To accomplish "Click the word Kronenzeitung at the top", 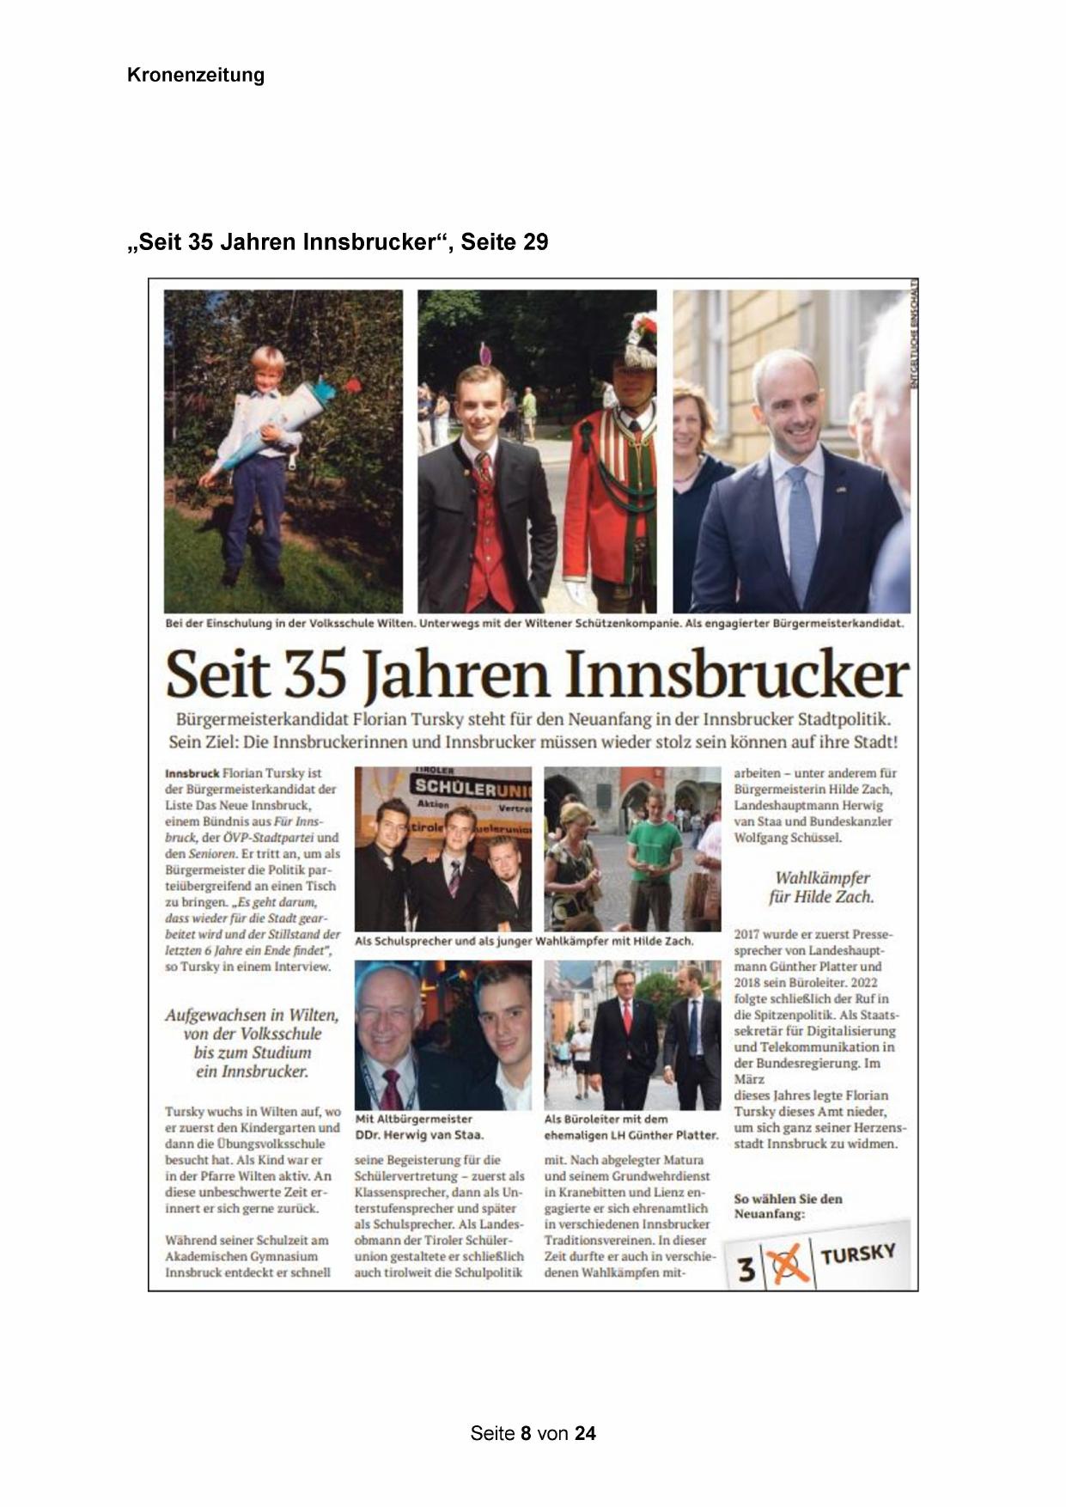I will click(195, 76).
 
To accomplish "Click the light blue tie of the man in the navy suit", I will click(801, 524).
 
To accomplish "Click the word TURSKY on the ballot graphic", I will click(858, 1254).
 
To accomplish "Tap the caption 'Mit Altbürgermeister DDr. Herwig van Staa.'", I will click(418, 1127).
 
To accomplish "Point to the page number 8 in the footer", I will click(526, 1433).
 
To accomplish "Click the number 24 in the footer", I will click(585, 1433).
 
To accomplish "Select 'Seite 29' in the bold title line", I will click(504, 243).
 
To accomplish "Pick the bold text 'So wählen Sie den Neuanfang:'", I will click(788, 1206).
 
